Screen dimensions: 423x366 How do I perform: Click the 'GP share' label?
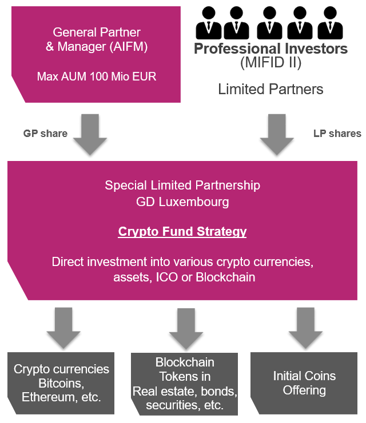pos(45,134)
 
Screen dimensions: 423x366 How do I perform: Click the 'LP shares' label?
pos(337,134)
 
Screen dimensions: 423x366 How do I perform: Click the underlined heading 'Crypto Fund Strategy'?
pos(182,232)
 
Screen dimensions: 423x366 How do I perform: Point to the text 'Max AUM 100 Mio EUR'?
pos(97,76)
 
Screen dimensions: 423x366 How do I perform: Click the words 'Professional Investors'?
pos(270,49)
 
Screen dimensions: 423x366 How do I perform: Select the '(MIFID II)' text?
pos(270,63)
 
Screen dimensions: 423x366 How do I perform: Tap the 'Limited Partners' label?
pos(270,89)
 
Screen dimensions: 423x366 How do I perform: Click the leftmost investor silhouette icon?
pos(208,22)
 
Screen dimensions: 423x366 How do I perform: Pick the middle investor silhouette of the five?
pos(270,22)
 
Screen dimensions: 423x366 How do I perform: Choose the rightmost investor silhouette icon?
pos(332,22)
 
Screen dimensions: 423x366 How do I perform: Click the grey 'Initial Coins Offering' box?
pos(304,383)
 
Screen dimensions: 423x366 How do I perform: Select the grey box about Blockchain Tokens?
pos(184,384)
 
